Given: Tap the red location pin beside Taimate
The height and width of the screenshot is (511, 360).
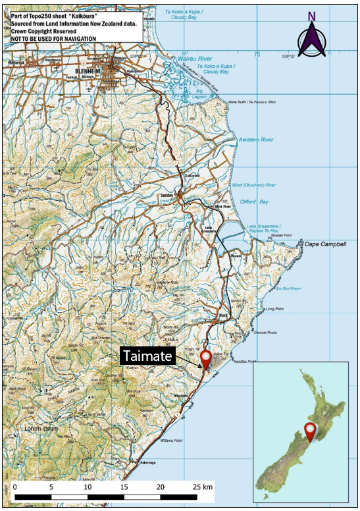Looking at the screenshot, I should coord(207,359).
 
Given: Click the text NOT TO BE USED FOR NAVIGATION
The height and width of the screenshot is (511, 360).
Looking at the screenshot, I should coord(53,38).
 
